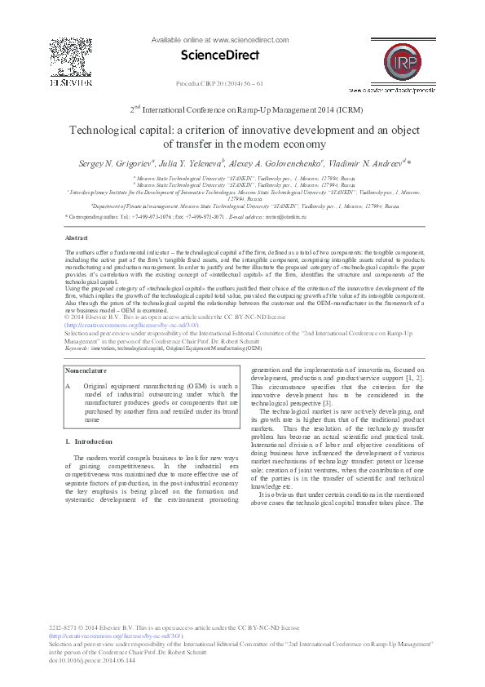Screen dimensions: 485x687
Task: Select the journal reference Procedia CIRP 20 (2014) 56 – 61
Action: click(219, 83)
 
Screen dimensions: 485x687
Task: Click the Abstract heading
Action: click(77, 237)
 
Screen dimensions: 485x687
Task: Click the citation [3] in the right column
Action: click(327, 404)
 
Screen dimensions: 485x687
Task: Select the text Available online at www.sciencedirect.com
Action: click(218, 39)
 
